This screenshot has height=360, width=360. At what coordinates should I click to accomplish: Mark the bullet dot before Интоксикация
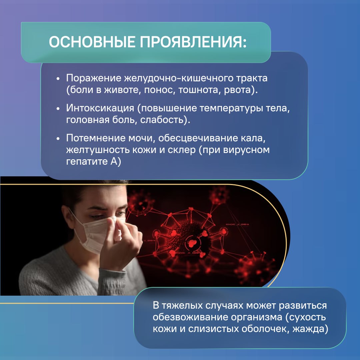(x=58, y=109)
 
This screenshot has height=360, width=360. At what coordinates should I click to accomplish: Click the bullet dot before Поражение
(x=58, y=79)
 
